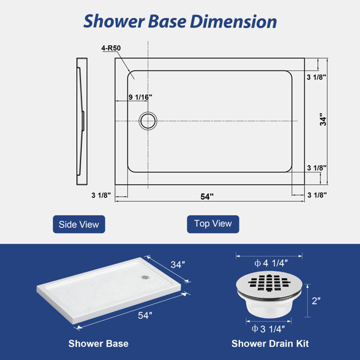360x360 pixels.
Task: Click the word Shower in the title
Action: [x=114, y=22]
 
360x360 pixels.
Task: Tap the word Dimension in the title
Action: [x=233, y=22]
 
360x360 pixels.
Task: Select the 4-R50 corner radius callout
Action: [x=111, y=48]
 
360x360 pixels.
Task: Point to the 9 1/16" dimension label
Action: [x=140, y=97]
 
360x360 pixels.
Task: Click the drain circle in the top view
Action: [x=148, y=121]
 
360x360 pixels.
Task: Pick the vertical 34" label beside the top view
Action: [x=323, y=119]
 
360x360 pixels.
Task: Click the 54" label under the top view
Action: [x=207, y=197]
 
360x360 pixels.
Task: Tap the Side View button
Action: [x=79, y=224]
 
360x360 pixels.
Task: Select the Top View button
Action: [x=213, y=224]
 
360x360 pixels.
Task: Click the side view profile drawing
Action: [x=82, y=121]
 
